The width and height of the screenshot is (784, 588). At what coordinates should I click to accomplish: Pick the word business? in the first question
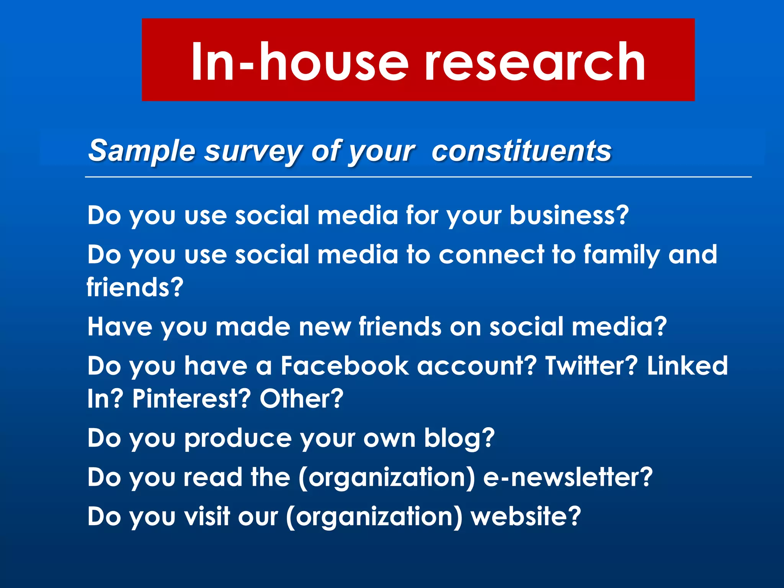569,215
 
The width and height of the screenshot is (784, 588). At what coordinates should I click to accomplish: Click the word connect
491,255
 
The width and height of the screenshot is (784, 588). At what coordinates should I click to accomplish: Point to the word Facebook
345,366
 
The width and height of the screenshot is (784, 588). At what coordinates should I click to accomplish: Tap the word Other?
302,399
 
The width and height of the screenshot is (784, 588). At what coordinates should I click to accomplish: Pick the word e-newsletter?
568,477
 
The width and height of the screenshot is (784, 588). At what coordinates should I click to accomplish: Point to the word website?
526,516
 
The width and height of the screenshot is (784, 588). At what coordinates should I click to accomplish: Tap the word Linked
687,366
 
